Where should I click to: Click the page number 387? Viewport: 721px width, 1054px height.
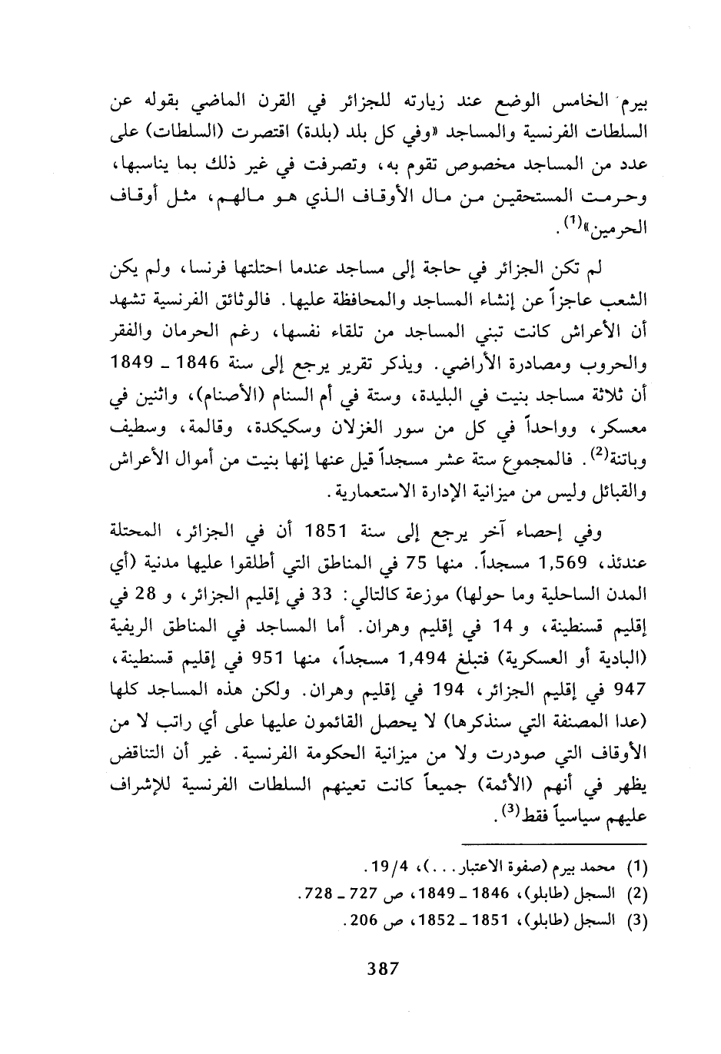pyautogui.click(x=382, y=969)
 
